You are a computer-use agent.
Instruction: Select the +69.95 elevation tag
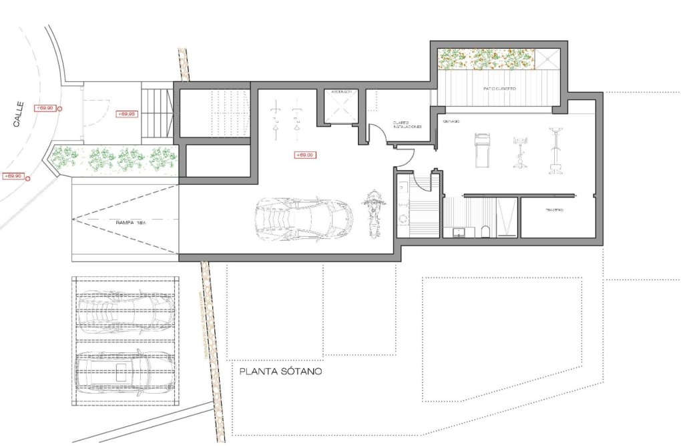coord(126,114)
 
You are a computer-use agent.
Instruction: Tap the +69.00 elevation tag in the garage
coord(304,155)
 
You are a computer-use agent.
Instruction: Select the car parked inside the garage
coord(303,217)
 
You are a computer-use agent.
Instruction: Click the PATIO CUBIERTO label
coord(500,88)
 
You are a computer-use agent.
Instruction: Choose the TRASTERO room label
coord(554,211)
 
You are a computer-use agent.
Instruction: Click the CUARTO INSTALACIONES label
coord(406,125)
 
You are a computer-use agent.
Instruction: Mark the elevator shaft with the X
coord(341,107)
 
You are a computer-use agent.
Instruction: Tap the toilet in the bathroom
coord(486,231)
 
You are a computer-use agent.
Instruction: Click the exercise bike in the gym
coord(518,152)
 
